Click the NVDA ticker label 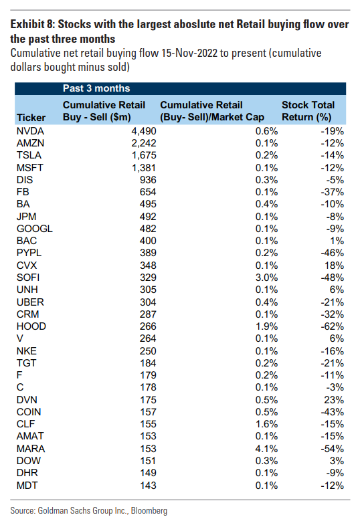coord(30,131)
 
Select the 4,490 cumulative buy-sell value coord(144,132)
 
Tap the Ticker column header coord(31,118)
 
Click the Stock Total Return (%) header coord(308,111)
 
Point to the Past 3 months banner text coord(96,88)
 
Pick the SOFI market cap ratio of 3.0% coord(266,278)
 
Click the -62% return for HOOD coord(333,326)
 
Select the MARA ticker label coord(31,449)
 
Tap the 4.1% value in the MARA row coord(266,449)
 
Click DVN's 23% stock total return coord(334,400)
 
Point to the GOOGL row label coord(34,229)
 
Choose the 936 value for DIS coord(148,180)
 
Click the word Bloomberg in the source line coord(149,511)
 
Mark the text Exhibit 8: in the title coord(32,24)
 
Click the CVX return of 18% coord(334,266)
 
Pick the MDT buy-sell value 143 coord(148,486)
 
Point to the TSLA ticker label coord(29,155)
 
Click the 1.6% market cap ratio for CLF coord(266,424)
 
